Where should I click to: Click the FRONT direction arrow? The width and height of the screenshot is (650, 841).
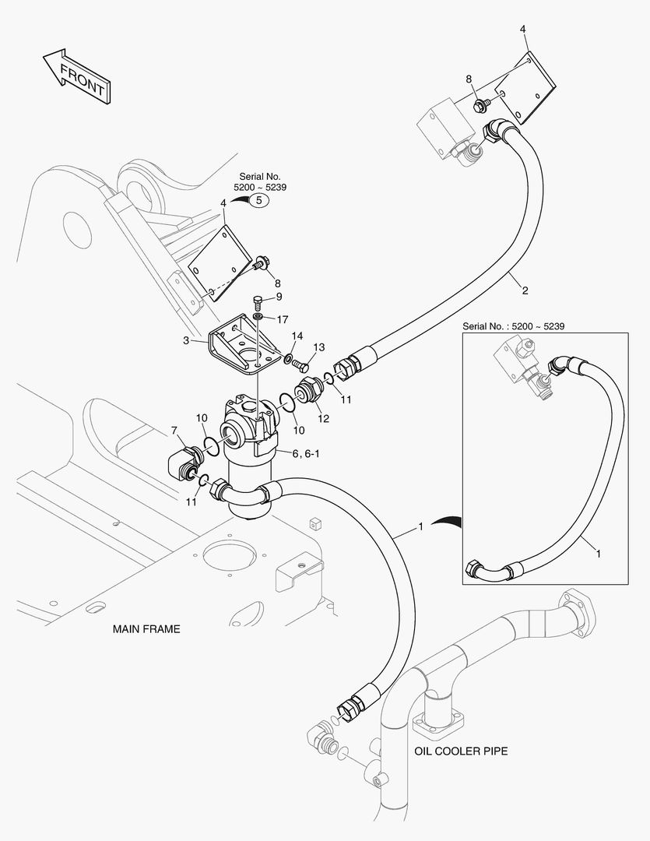click(x=75, y=76)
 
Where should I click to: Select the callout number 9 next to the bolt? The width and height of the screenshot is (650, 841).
click(x=279, y=297)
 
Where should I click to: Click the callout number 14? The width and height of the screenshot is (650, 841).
click(x=297, y=336)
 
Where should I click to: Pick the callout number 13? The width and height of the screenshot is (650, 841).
click(x=319, y=347)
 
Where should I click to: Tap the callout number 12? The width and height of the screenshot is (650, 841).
click(x=323, y=418)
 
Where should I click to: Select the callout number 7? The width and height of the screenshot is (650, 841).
click(x=174, y=430)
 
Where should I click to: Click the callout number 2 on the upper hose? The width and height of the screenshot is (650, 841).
click(x=525, y=290)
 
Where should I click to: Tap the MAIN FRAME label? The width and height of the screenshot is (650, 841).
click(x=146, y=628)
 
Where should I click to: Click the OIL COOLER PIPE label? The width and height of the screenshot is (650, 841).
click(x=461, y=751)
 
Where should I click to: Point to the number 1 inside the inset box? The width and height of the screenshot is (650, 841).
click(x=598, y=554)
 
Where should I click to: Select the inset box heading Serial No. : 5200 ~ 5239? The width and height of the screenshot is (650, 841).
click(x=514, y=325)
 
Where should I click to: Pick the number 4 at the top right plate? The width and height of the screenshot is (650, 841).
click(x=523, y=29)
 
